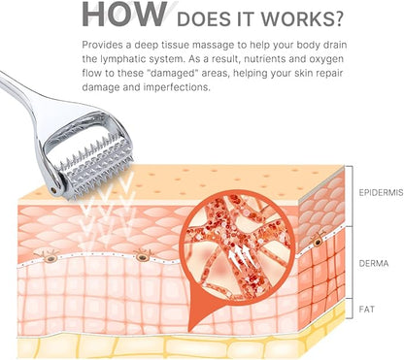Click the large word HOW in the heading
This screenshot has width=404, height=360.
pyautogui.click(x=124, y=14)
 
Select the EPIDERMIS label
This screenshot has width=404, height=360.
pyautogui.click(x=381, y=193)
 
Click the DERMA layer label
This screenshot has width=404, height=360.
pyautogui.click(x=374, y=263)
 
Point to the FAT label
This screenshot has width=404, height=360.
pyautogui.click(x=367, y=310)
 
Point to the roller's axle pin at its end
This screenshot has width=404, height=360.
pyautogui.click(x=56, y=190)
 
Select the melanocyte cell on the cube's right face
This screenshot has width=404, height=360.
pyautogui.click(x=318, y=241)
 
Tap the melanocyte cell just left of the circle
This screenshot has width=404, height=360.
pyautogui.click(x=143, y=256)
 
